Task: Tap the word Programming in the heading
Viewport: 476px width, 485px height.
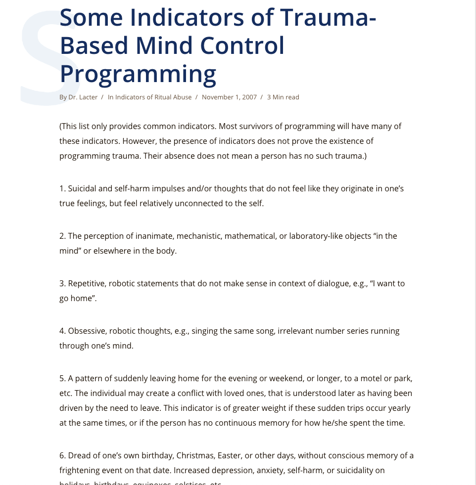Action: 138,74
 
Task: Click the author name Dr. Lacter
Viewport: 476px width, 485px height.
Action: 83,97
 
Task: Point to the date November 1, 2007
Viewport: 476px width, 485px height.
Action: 229,97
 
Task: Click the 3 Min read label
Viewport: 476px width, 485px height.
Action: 283,97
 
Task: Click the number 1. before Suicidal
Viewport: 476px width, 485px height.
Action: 62,189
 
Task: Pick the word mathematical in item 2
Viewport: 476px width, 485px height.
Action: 250,236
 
